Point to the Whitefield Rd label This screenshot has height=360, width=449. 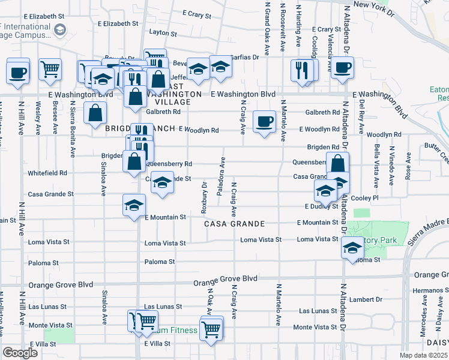tap(47, 173)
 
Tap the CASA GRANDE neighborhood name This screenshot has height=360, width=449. tap(234, 224)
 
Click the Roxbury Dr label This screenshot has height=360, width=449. tap(204, 194)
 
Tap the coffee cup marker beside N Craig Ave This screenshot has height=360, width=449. tap(264, 122)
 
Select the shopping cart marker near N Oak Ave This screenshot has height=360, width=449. tap(211, 328)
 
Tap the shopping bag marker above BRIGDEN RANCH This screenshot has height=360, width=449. tap(96, 112)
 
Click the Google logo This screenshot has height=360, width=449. tap(20, 353)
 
